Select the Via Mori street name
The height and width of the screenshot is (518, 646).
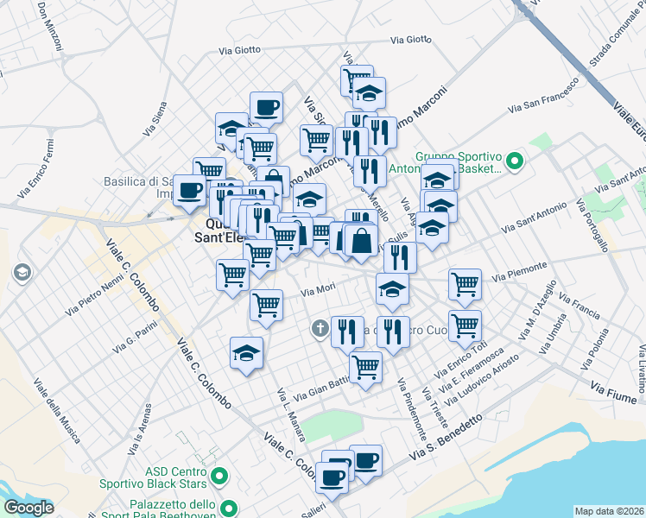coord(318,291)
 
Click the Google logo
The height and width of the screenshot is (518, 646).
coord(28,508)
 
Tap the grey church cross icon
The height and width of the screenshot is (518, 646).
coord(320,328)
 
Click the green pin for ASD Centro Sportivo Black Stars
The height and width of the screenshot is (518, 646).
coord(218,475)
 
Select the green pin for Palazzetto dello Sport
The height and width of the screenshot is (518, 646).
coord(229,508)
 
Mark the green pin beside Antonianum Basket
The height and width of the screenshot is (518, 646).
coord(515,160)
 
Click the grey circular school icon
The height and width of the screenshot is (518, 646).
coord(22,274)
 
